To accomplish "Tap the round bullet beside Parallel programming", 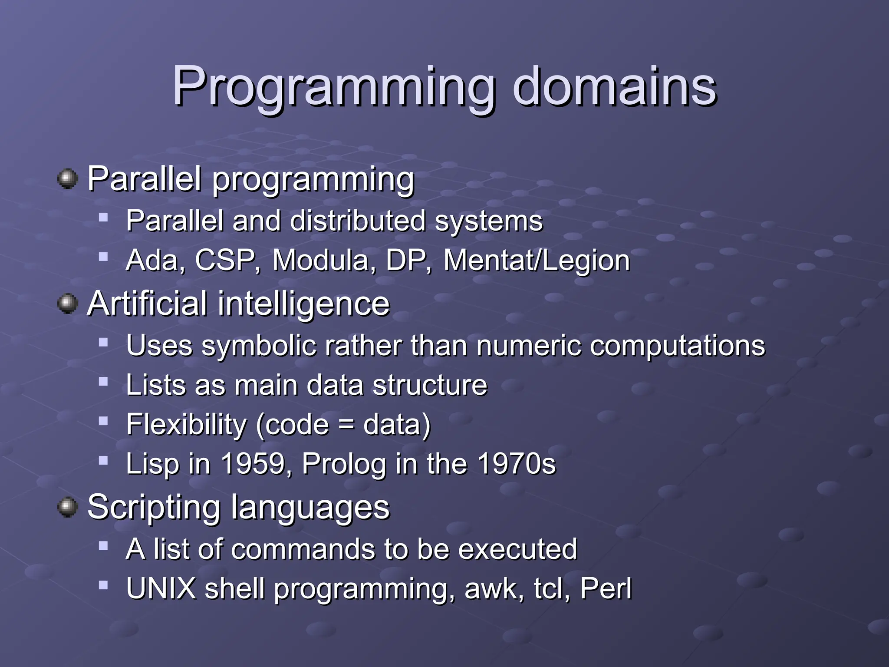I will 67,179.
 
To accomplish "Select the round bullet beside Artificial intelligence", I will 67,304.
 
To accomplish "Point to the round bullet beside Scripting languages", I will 67,507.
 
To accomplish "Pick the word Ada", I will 155,261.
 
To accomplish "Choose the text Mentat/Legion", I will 537,261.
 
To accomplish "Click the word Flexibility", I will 186,424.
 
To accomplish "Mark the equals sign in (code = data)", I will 346,425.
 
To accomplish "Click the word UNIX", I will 161,588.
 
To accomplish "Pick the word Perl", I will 606,588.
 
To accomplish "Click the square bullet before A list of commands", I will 103,546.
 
